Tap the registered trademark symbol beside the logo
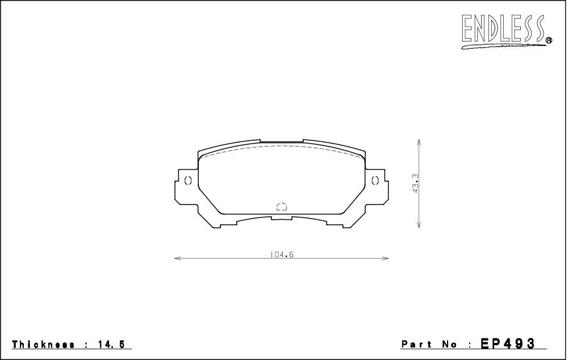(x=549, y=40)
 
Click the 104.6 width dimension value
(x=282, y=254)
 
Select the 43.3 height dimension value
(x=415, y=183)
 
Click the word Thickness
(x=44, y=345)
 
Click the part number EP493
(x=507, y=344)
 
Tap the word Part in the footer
(x=416, y=344)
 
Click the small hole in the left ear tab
(x=187, y=181)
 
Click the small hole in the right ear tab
(x=375, y=180)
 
